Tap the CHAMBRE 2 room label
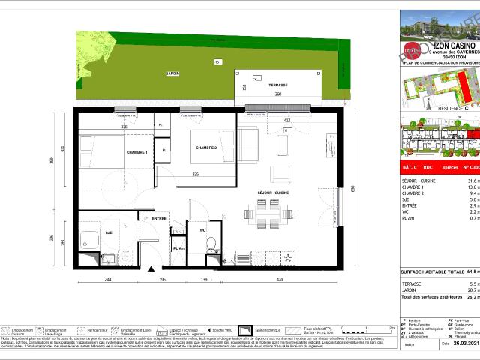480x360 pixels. click(207, 148)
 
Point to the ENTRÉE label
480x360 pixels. click(159, 218)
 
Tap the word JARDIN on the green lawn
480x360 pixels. click(152, 73)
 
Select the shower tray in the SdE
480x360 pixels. click(90, 241)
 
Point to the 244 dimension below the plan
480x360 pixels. click(108, 279)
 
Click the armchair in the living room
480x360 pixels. click(278, 173)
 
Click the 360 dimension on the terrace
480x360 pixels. click(277, 94)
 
